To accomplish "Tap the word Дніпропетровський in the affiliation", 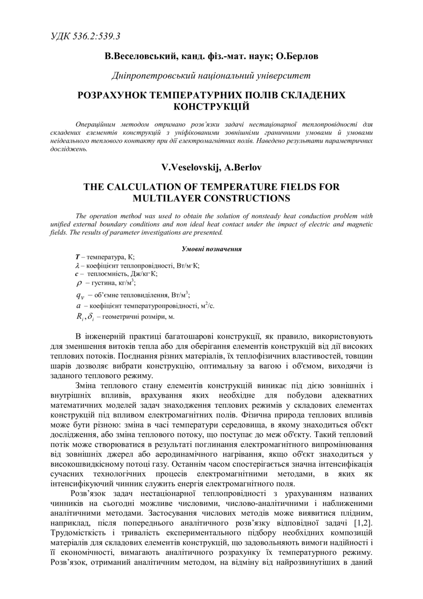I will (152, 75).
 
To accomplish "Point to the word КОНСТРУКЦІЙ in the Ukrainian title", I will (211, 105).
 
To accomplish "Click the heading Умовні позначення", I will (211, 249).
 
